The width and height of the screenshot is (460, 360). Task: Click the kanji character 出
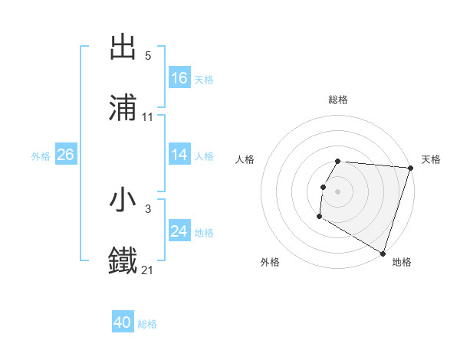coord(123,47)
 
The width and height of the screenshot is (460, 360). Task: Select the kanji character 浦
coord(123,108)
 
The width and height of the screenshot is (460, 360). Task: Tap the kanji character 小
coord(123,200)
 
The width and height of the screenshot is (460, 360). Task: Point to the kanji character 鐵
coord(123,260)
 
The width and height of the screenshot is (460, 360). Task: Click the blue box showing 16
coord(179,78)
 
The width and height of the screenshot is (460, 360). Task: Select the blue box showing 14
coord(179,155)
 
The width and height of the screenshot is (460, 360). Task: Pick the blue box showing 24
coord(179,231)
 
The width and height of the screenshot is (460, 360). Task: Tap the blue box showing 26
coord(65,155)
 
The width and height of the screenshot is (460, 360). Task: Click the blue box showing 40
coord(123,322)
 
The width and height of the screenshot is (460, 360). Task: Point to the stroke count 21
coord(148,270)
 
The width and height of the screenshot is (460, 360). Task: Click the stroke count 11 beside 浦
coord(148,117)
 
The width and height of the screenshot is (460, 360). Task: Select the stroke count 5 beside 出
coord(148,56)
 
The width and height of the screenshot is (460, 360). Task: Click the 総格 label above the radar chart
coord(338,100)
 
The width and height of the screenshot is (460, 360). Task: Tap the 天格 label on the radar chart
coord(431,159)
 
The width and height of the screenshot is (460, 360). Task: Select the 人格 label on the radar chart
coord(245,159)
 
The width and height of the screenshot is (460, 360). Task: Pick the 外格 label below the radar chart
coord(270,262)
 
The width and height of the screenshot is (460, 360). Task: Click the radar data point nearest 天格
coord(410,168)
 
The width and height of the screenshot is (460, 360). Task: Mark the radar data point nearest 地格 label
coord(383,253)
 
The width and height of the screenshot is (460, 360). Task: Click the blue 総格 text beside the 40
coord(147,324)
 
